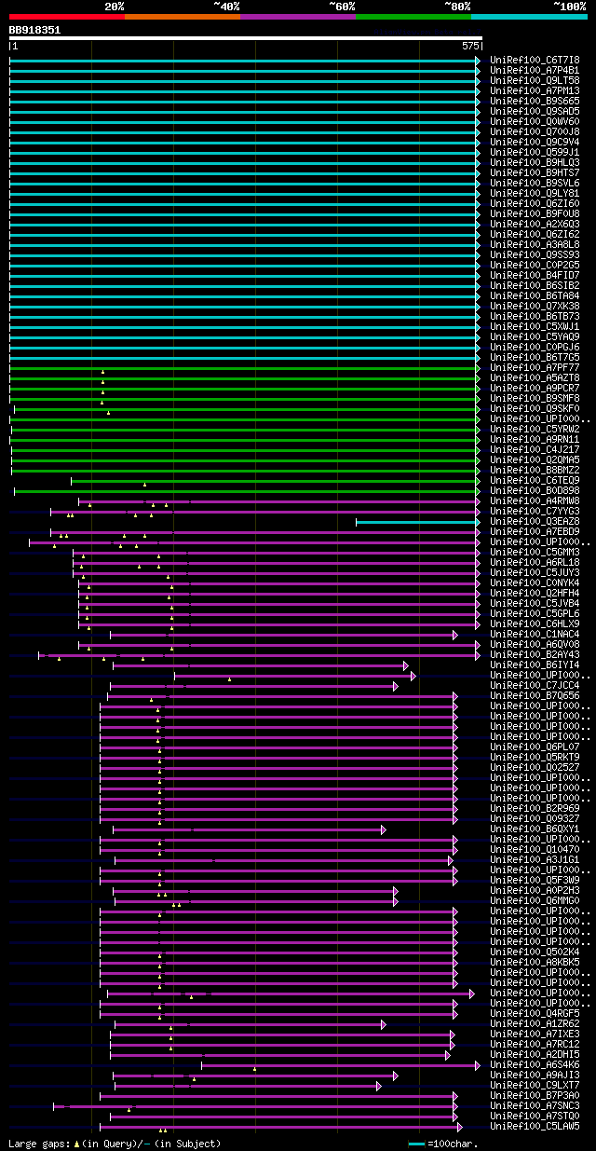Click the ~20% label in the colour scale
tap(114, 7)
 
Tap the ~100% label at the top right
tap(569, 7)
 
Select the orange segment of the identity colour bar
tap(182, 17)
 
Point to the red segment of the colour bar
tap(66, 17)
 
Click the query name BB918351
tap(34, 30)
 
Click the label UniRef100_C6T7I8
tap(535, 60)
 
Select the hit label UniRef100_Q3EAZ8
tap(535, 521)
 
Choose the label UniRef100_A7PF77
tap(535, 367)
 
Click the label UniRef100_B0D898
tap(535, 490)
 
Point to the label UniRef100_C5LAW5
tap(535, 1126)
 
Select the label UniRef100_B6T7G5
tap(535, 357)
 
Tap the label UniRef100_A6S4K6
tap(535, 1064)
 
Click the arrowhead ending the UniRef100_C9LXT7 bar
tap(379, 1086)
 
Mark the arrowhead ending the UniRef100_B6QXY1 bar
tap(383, 829)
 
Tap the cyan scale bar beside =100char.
tap(416, 1144)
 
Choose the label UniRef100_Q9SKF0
tap(535, 408)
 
